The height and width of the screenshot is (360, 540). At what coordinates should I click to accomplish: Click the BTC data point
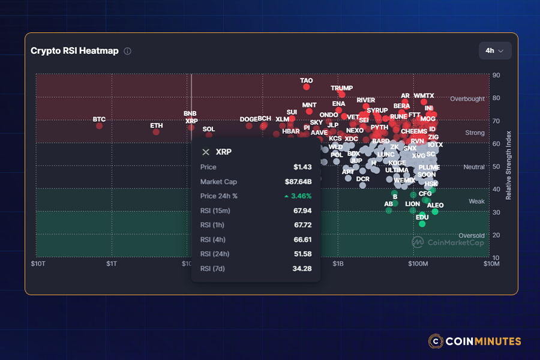99,125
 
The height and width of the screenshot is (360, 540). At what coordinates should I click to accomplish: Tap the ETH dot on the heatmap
156,131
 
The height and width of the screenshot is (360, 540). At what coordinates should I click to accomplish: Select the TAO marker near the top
306,87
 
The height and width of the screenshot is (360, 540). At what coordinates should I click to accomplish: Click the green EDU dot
422,224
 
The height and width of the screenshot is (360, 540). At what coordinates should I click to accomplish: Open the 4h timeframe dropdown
495,50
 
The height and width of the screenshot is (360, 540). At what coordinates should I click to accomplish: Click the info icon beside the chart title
127,51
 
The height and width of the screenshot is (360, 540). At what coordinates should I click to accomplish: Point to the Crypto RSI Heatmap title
74,51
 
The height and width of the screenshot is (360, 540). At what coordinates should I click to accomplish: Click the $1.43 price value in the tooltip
302,167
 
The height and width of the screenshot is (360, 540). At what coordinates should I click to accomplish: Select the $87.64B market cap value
298,181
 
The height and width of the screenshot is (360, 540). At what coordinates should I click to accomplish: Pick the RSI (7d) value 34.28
302,268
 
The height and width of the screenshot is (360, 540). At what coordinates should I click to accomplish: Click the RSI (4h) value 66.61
302,239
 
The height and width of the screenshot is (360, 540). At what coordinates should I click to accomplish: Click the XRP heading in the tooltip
223,152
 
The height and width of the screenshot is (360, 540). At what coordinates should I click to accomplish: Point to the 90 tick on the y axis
496,75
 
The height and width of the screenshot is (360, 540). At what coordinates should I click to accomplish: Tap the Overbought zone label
467,99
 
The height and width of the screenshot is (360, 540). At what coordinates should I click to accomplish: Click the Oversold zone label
471,236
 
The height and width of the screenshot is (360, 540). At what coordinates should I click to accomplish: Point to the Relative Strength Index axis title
508,165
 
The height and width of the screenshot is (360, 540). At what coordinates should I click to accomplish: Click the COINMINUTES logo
475,341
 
